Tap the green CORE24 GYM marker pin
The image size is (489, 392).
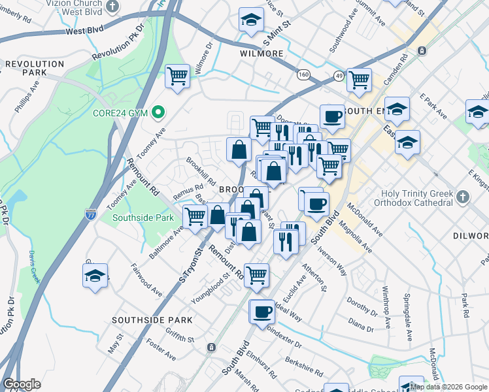click(157, 113)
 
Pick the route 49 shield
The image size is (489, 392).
click(337, 75)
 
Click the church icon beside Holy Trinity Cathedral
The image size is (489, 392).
click(463, 196)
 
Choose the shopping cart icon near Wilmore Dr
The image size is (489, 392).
click(178, 76)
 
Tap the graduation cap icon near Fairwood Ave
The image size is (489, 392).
click(95, 276)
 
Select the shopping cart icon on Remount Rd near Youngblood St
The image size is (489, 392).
click(256, 275)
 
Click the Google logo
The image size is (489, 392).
click(22, 384)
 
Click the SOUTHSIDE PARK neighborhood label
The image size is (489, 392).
click(152, 320)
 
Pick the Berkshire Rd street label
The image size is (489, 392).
click(305, 369)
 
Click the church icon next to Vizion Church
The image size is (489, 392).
click(113, 7)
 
